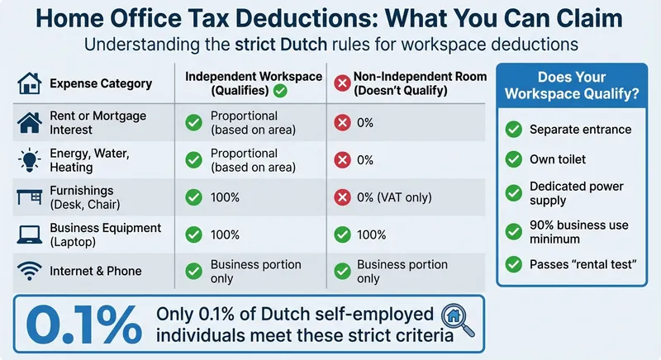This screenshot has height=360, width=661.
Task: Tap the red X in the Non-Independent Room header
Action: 342,83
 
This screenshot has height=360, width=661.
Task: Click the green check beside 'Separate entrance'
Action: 514,129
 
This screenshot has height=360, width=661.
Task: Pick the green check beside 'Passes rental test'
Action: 514,264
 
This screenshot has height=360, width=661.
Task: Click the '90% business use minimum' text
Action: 578,232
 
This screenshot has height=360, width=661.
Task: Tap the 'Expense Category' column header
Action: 100,83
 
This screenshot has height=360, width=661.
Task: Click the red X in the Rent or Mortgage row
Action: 341,123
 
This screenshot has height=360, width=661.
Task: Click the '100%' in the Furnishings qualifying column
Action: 226,197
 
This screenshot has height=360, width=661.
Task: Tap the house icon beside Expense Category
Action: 30,83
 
